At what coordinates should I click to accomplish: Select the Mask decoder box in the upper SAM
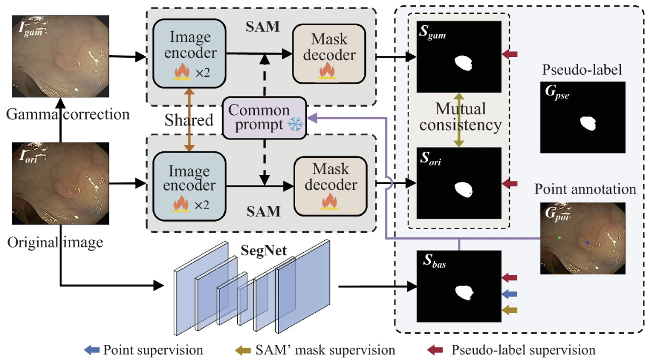pos(328,54)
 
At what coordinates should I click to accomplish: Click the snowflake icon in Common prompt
pos(295,125)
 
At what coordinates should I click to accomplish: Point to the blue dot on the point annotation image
pos(588,243)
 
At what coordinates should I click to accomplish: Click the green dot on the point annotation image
pos(560,237)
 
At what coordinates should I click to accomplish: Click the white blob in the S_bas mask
pos(464,292)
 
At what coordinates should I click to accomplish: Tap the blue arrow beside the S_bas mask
pos(510,294)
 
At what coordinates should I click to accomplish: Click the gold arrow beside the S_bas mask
pos(510,310)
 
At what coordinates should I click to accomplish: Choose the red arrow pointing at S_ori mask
pos(510,184)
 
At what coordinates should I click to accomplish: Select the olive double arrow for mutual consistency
pos(458,120)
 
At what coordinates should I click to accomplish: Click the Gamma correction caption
pos(69,114)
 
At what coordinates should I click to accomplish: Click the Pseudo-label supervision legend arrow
pos(435,350)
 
